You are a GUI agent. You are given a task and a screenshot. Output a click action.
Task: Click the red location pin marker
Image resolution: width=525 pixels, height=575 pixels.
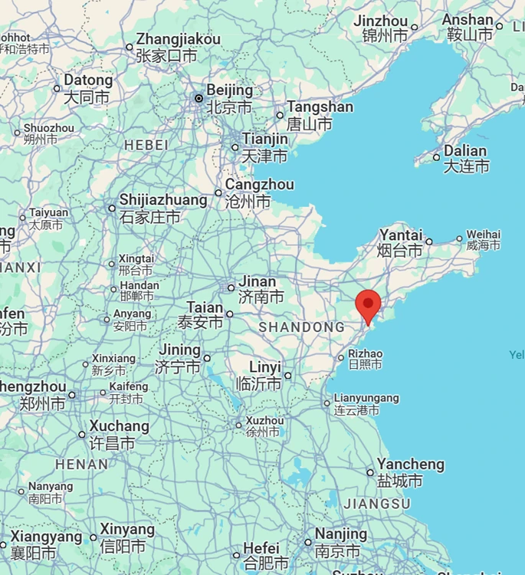point(369,305)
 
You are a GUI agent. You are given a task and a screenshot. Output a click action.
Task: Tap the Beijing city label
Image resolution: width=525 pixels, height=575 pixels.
point(229,98)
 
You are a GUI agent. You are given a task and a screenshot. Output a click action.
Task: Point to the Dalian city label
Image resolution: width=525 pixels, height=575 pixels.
point(465,158)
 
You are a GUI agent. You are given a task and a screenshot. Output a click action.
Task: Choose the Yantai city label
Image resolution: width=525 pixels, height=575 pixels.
point(401,242)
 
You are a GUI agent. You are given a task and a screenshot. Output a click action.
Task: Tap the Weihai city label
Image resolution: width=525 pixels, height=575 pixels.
point(484,240)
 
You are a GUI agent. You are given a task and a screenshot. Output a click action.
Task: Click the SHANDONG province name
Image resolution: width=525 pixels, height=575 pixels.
point(301,327)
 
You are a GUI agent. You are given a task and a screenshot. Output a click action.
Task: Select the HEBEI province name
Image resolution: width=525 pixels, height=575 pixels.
point(146,145)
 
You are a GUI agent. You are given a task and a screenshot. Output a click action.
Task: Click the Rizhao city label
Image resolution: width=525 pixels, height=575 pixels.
point(365,359)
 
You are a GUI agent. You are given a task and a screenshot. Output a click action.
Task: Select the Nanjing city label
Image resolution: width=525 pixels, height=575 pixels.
point(340,541)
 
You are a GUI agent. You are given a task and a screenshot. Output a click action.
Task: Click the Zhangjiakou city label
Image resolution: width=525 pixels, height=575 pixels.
point(178,47)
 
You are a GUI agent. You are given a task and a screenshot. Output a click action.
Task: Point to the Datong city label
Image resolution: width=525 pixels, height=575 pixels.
point(87,88)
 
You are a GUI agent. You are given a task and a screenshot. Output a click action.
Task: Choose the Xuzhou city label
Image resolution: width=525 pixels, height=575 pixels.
point(264,426)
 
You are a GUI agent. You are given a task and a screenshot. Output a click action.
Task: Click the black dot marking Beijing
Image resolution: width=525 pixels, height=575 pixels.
point(199,98)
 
